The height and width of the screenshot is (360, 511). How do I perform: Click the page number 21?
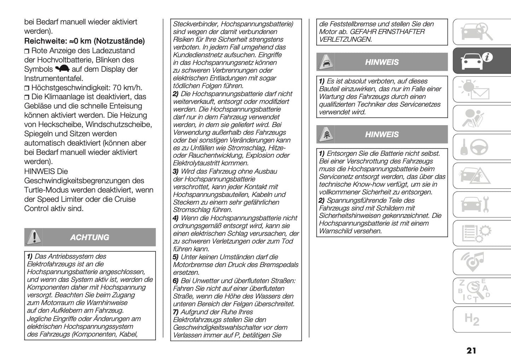[471, 350]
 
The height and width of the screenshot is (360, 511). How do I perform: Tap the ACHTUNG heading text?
[89, 237]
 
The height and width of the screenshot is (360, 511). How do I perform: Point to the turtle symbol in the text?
[63, 69]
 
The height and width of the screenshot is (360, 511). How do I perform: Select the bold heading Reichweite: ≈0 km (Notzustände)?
[84, 41]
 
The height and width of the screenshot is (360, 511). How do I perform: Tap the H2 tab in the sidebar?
[472, 319]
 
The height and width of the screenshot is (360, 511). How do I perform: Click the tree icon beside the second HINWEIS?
[325, 135]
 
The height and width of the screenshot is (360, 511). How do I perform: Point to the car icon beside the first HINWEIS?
[325, 62]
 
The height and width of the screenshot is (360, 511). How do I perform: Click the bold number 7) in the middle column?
[175, 312]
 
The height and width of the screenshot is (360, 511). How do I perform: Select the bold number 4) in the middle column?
[175, 218]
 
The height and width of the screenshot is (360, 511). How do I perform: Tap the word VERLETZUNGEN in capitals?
[345, 40]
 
